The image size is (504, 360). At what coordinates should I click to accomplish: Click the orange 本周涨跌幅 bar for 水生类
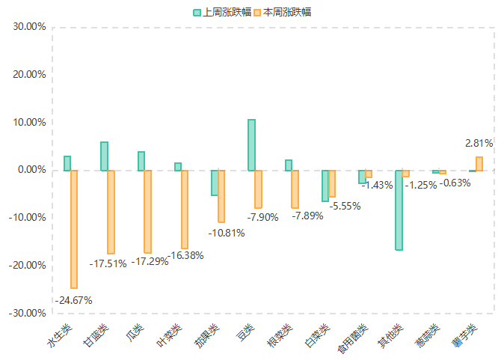[x=74, y=229]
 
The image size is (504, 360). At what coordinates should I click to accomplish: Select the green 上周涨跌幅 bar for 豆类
[x=251, y=145]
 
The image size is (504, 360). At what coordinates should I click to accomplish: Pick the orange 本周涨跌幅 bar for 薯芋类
[x=479, y=163]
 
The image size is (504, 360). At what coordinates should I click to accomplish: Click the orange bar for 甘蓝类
[x=111, y=212]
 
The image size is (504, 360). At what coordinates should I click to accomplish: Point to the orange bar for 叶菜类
[x=185, y=209]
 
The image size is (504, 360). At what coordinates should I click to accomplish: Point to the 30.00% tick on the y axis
[x=30, y=27]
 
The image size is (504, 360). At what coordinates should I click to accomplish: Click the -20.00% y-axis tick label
[x=28, y=265]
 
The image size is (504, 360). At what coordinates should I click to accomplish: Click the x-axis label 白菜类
[x=318, y=336]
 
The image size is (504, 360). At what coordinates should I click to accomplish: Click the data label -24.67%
[x=73, y=300]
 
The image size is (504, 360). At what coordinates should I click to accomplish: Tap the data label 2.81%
[x=479, y=143]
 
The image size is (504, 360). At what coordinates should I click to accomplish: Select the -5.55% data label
[x=344, y=205]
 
